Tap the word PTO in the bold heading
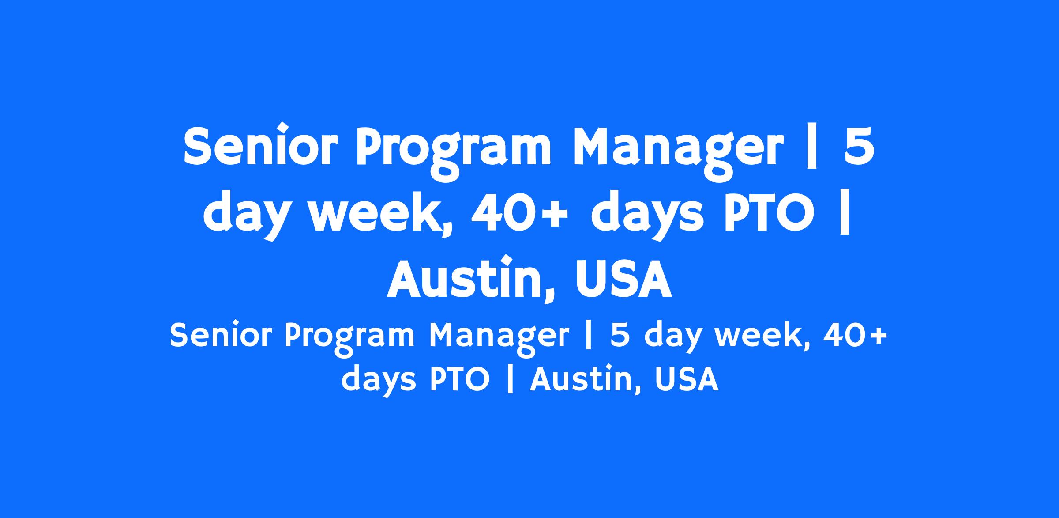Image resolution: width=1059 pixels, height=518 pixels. pos(768,214)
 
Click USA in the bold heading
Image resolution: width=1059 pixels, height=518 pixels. pos(623,279)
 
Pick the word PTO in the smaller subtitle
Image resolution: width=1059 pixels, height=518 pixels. pos(459,379)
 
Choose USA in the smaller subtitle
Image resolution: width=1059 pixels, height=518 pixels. pos(686,379)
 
